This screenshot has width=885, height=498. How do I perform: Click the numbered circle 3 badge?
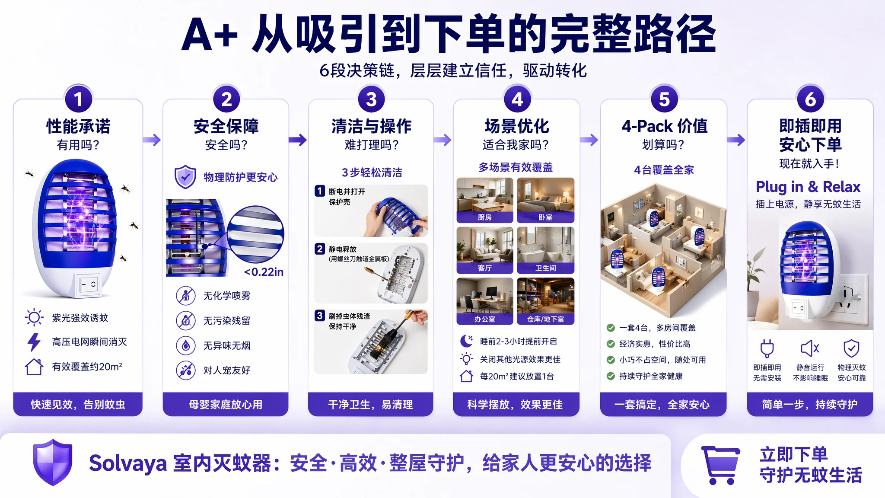pyautogui.click(x=371, y=99)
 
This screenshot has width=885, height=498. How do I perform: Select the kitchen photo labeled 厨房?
pyautogui.click(x=485, y=200)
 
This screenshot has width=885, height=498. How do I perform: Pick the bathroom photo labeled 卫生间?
pyautogui.click(x=546, y=250)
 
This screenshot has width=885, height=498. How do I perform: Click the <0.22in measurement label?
pyautogui.click(x=264, y=272)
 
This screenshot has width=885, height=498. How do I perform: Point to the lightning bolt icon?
pyautogui.click(x=34, y=342)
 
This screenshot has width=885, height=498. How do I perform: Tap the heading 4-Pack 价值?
pyautogui.click(x=664, y=126)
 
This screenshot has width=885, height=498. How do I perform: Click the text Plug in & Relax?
pyautogui.click(x=808, y=187)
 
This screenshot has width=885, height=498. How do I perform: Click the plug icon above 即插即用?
pyautogui.click(x=767, y=348)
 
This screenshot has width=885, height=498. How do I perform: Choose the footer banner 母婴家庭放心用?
pyautogui.click(x=226, y=404)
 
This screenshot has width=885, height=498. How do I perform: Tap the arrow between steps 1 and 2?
pyautogui.click(x=152, y=140)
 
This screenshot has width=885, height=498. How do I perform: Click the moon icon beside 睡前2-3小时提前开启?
pyautogui.click(x=466, y=341)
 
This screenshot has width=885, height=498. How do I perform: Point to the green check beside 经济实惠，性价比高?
pyautogui.click(x=611, y=344)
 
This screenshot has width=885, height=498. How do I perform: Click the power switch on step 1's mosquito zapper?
pyautogui.click(x=89, y=284)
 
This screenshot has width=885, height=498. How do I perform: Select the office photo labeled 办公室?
pyautogui.click(x=485, y=301)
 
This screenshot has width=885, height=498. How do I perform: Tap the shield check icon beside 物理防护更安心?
pyautogui.click(x=185, y=177)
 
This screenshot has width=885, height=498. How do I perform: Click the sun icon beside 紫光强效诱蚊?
pyautogui.click(x=34, y=317)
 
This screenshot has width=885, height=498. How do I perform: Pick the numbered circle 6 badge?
pyautogui.click(x=810, y=99)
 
